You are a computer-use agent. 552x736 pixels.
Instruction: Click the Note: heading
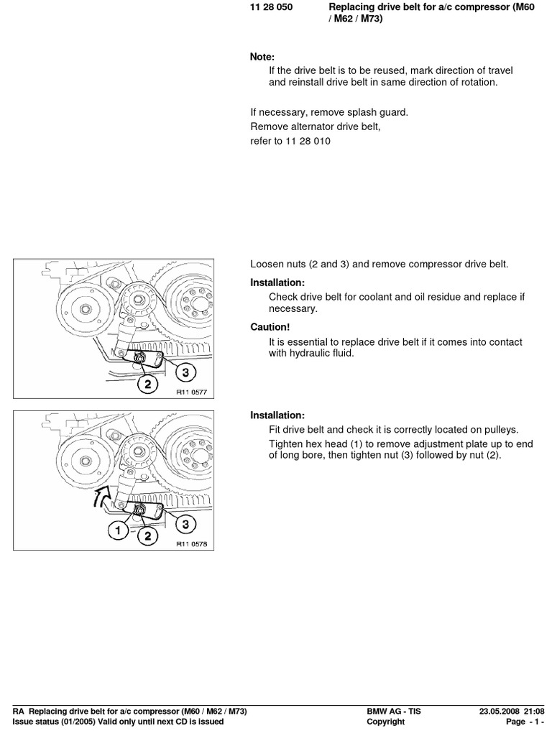(262, 57)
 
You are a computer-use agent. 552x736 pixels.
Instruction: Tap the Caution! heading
(270, 327)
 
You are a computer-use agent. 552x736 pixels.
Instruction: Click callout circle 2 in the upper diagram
(148, 384)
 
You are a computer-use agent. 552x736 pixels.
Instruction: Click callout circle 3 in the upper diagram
(185, 372)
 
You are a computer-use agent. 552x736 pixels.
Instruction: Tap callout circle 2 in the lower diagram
(148, 535)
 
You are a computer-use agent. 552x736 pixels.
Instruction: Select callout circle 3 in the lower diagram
(185, 524)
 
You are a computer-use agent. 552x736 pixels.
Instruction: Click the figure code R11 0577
(191, 392)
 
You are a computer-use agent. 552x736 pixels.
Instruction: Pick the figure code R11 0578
(191, 544)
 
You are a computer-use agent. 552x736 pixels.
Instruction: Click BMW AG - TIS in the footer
(394, 712)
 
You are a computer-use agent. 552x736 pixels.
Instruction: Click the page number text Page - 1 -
(526, 722)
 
